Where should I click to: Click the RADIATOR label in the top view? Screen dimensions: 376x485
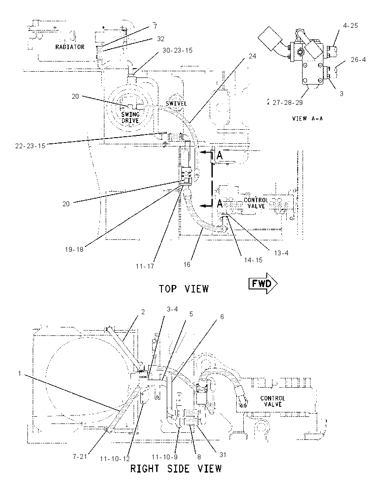[x=70, y=47]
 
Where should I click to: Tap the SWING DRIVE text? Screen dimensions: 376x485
[x=130, y=118]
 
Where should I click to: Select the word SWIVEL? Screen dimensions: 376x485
[x=176, y=104]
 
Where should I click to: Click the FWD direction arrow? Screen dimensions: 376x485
[x=263, y=283]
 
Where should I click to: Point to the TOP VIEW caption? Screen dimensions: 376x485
[x=184, y=289]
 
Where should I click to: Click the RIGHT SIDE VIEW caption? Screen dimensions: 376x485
[x=176, y=469]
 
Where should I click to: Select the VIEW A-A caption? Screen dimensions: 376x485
[x=307, y=119]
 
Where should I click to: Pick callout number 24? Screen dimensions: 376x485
[x=252, y=56]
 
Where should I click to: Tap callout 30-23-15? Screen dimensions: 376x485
[x=177, y=50]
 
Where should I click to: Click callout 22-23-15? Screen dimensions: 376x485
[x=31, y=146]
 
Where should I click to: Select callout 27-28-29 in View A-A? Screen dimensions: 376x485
[x=288, y=102]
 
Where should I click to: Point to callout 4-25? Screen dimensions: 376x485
[x=350, y=25]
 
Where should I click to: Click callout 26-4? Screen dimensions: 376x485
[x=358, y=59]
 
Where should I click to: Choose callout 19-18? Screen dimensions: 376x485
[x=74, y=249]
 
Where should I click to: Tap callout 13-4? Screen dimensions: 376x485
[x=281, y=253]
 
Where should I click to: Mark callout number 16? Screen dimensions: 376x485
[x=187, y=265]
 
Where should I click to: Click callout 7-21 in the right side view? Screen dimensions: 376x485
[x=80, y=456]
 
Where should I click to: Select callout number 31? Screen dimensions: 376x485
[x=223, y=455]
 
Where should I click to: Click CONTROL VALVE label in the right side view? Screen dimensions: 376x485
[x=272, y=401]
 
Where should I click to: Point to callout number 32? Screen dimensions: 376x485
[x=161, y=38]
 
